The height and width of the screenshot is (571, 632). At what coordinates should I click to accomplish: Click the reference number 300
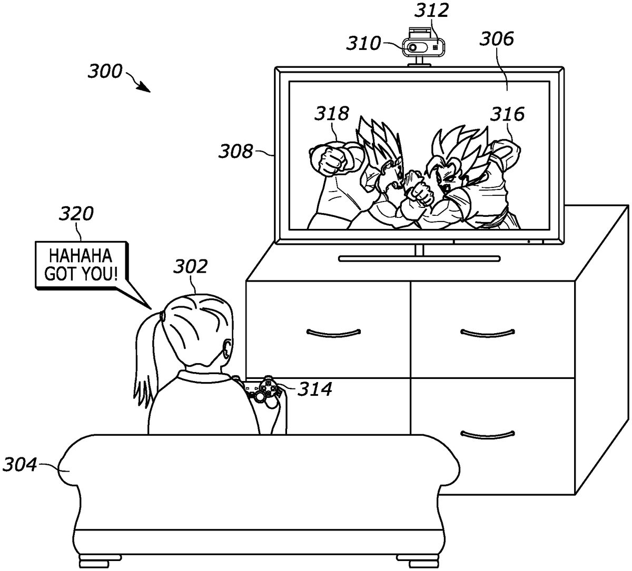[x=105, y=72]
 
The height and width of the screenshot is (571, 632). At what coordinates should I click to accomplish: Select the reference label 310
[x=363, y=44]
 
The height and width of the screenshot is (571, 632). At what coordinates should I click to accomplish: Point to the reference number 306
[x=498, y=38]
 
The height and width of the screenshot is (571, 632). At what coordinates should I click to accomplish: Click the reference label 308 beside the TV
[x=236, y=152]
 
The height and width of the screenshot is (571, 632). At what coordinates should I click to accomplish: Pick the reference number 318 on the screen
[x=332, y=113]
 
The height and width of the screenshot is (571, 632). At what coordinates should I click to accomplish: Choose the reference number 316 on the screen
[x=508, y=114]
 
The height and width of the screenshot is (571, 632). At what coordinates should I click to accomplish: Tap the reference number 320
[x=76, y=214]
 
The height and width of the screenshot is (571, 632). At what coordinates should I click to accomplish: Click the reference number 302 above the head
[x=190, y=267]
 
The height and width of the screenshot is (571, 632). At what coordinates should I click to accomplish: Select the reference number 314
[x=315, y=389]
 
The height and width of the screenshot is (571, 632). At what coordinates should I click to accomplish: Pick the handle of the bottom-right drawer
[x=487, y=434]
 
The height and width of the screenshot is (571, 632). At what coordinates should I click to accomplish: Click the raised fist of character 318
[x=328, y=160]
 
